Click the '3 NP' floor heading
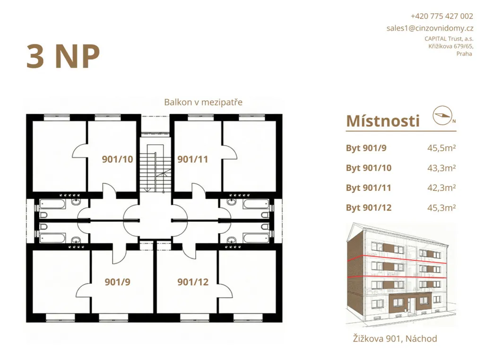(x=63, y=56)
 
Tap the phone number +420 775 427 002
(x=442, y=16)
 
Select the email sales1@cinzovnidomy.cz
(x=430, y=28)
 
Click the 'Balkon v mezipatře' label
(x=203, y=102)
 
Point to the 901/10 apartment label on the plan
(x=117, y=159)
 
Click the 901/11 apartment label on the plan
(x=193, y=159)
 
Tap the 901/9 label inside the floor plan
(x=117, y=282)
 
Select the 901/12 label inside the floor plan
(x=193, y=282)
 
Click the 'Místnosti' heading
(x=383, y=121)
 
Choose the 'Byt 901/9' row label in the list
(x=366, y=148)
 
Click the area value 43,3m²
(x=441, y=168)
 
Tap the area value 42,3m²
(x=441, y=188)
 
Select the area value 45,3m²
(x=441, y=207)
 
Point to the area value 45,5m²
(x=441, y=148)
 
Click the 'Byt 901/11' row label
(x=369, y=188)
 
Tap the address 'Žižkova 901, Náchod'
(x=395, y=339)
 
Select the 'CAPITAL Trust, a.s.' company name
(x=449, y=39)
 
